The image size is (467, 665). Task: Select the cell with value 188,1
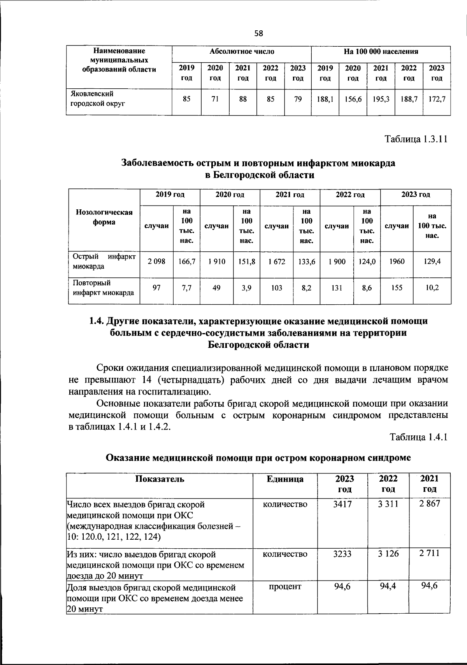pyautogui.click(x=325, y=100)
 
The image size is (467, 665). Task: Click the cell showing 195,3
pyautogui.click(x=381, y=100)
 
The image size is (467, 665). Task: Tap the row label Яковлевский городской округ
pyautogui.click(x=97, y=99)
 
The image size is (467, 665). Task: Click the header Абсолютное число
pyautogui.click(x=242, y=51)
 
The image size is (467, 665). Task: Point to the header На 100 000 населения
pyautogui.click(x=381, y=51)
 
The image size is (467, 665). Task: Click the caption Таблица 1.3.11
pyautogui.click(x=416, y=139)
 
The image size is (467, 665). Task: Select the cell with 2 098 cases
pyautogui.click(x=156, y=261)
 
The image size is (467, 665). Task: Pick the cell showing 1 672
pyautogui.click(x=276, y=261)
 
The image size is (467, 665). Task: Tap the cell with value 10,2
pyautogui.click(x=432, y=288)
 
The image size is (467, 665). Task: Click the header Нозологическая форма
pyautogui.click(x=104, y=217)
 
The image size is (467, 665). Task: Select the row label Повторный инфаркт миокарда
pyautogui.click(x=104, y=288)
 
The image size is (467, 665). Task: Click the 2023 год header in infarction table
pyautogui.click(x=415, y=194)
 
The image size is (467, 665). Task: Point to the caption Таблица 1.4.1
pyautogui.click(x=419, y=437)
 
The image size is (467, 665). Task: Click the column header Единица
pyautogui.click(x=285, y=479)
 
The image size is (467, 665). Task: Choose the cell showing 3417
pyautogui.click(x=342, y=504)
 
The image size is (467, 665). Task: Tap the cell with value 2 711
pyautogui.click(x=429, y=553)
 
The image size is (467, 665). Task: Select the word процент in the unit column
pyautogui.click(x=285, y=586)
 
